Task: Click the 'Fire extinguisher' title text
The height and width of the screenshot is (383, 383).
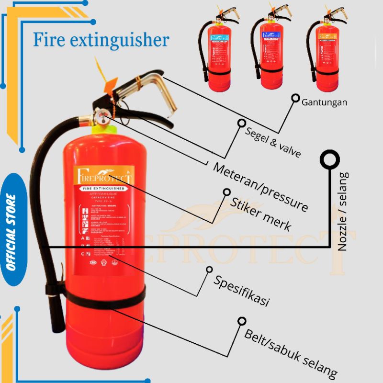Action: pyautogui.click(x=101, y=40)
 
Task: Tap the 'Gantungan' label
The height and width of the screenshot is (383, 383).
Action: pyautogui.click(x=325, y=102)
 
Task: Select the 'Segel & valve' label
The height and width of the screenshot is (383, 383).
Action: pyautogui.click(x=272, y=142)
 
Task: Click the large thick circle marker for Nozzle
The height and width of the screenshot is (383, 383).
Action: pyautogui.click(x=330, y=160)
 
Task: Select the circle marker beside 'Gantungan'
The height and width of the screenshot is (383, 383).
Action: pyautogui.click(x=295, y=98)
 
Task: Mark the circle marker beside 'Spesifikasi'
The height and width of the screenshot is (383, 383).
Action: pyautogui.click(x=209, y=270)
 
